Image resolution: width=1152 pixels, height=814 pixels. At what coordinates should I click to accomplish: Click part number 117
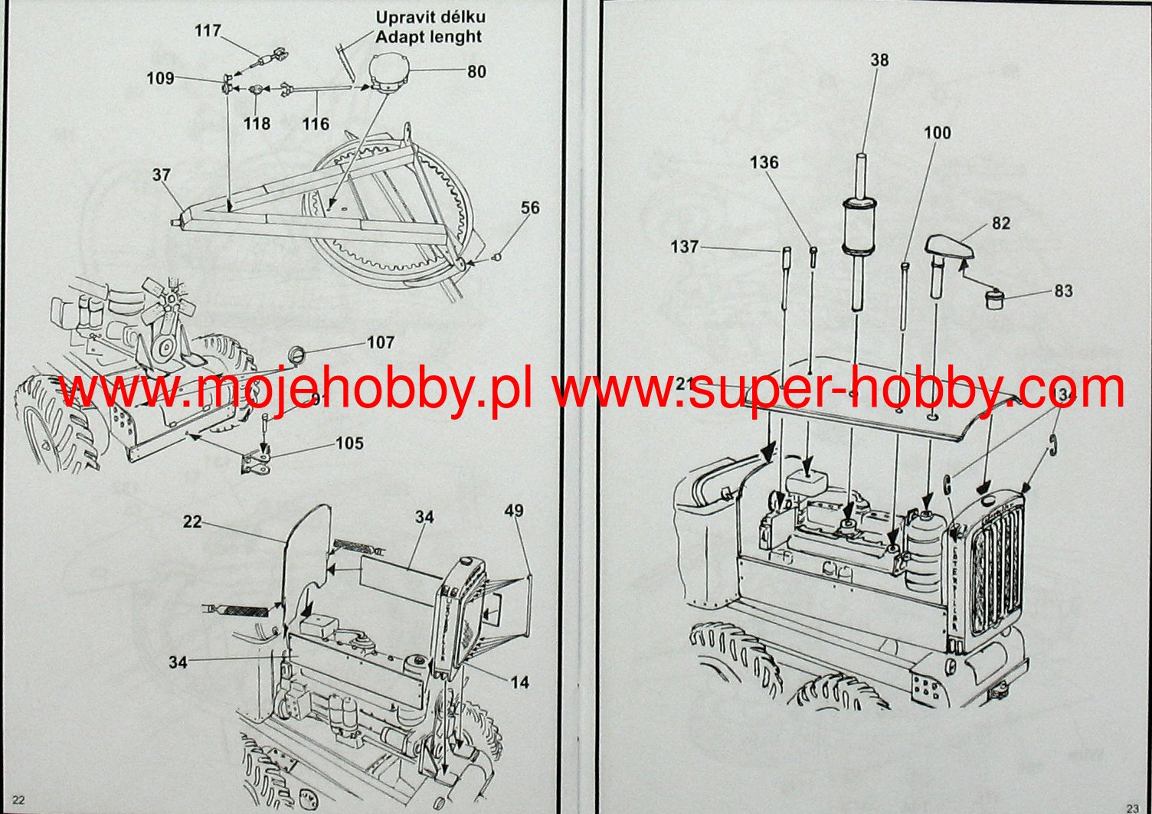coord(208,31)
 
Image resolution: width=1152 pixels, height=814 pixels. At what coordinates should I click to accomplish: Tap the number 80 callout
coord(476,72)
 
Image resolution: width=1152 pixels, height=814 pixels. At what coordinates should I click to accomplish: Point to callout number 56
coord(530,208)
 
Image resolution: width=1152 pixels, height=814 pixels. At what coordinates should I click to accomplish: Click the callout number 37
coord(161,175)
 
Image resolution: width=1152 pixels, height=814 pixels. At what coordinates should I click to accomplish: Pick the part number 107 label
coord(381,343)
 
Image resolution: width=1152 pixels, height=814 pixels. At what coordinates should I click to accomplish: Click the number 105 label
coord(349,444)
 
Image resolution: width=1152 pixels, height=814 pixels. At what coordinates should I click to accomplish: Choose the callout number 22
coord(192,522)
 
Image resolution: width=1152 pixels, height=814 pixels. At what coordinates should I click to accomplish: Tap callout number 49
coord(514,511)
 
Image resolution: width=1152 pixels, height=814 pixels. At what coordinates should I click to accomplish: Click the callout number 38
coord(879,60)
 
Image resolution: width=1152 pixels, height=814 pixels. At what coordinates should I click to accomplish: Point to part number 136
coord(764,162)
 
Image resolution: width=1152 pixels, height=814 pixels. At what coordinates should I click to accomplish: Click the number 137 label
coord(684,247)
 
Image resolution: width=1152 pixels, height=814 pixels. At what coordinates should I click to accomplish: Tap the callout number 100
coord(937,133)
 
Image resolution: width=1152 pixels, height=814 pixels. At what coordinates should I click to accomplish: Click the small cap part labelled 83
coord(995,297)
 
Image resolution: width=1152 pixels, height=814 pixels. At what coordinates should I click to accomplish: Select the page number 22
coord(19,800)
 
